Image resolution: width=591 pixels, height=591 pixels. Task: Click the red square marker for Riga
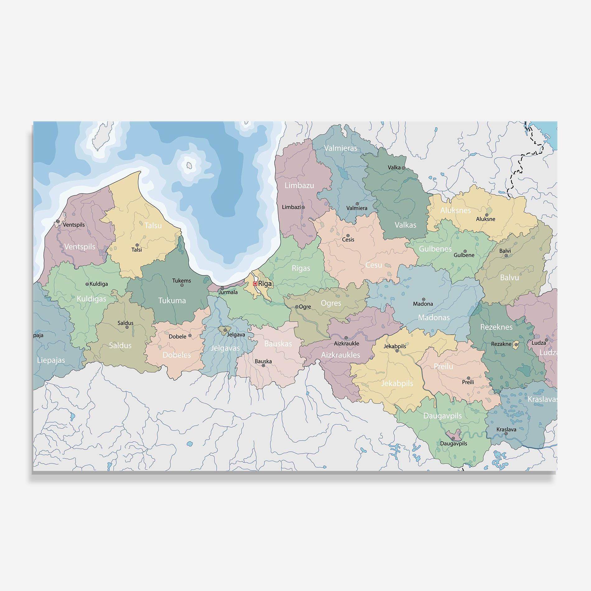click(255, 284)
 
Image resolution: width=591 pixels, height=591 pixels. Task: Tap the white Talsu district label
click(153, 226)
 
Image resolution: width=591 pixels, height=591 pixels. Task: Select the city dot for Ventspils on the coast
click(58, 221)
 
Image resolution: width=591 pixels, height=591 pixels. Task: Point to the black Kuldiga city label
click(99, 284)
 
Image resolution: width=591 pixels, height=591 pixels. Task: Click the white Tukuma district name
click(172, 300)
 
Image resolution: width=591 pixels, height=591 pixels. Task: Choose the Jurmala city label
click(228, 292)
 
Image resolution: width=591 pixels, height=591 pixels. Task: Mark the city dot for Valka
click(403, 168)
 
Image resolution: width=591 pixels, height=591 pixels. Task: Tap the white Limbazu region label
click(299, 186)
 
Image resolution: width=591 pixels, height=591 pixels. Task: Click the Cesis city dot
click(348, 235)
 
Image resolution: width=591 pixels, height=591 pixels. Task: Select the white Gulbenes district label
click(435, 249)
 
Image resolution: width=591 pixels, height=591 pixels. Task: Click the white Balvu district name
click(510, 277)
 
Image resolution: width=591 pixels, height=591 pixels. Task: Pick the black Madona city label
click(423, 304)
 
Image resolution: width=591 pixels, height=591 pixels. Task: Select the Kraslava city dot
click(506, 433)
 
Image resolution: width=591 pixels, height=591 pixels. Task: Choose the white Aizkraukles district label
click(341, 355)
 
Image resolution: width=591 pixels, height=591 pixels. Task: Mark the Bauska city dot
click(263, 365)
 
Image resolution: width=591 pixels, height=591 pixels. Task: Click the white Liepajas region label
click(51, 360)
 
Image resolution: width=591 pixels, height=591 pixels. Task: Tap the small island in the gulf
click(189, 165)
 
